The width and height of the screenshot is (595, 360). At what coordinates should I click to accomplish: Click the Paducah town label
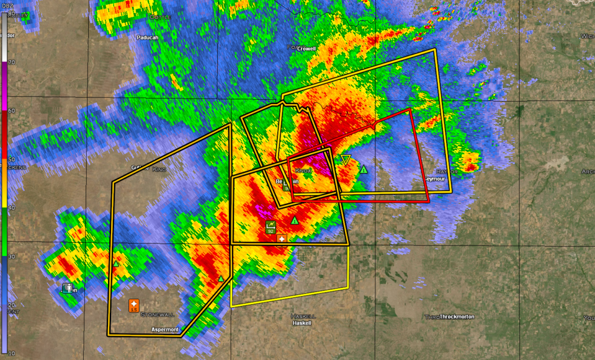148,37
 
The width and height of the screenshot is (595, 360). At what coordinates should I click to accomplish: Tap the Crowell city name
306,49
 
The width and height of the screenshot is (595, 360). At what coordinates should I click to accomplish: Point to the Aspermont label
164,329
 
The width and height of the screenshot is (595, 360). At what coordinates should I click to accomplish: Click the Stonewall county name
157,314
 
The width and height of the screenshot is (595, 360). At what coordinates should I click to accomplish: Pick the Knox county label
304,171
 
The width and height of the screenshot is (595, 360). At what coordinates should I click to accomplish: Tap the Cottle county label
160,17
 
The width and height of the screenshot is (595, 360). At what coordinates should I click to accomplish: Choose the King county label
159,170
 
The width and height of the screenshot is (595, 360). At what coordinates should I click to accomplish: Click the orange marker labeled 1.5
134,305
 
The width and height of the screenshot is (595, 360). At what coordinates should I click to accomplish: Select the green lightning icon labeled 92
271,226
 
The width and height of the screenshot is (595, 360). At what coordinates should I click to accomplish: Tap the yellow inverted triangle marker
346,159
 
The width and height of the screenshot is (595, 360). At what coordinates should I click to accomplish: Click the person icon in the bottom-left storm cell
68,287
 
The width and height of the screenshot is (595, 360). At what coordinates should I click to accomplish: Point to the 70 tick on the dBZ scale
11,62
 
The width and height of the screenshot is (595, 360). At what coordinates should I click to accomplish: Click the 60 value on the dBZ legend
11,110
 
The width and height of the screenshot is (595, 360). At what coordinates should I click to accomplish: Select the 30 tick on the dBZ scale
11,256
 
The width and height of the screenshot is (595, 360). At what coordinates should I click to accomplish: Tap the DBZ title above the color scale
7,6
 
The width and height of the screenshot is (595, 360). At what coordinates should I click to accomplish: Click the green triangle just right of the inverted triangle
364,170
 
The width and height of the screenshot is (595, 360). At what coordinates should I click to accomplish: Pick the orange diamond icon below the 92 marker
282,239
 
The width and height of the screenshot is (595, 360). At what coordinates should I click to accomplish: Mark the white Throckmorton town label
457,317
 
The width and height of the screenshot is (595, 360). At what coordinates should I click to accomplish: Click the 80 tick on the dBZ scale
11,14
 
